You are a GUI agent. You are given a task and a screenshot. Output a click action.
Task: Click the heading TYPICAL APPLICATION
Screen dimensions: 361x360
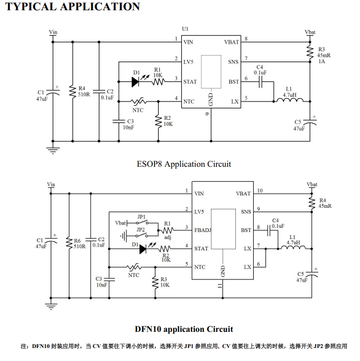[73, 7]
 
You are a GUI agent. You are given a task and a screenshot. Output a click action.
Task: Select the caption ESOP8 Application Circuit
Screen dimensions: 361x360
[184, 164]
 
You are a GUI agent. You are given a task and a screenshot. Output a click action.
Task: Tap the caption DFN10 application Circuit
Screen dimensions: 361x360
[184, 329]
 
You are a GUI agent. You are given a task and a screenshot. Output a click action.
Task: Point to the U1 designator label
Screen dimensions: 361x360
[186, 29]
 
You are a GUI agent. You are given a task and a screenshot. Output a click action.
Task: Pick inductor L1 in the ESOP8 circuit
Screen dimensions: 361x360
[289, 99]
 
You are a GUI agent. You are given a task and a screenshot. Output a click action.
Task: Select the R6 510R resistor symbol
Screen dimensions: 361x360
[69, 243]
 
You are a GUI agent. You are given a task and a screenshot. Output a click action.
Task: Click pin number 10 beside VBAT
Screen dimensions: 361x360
[260, 190]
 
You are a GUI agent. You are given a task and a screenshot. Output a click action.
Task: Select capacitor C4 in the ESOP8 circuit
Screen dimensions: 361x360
[260, 82]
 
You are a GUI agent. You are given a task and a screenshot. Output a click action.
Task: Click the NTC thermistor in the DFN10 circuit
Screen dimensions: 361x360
[133, 267]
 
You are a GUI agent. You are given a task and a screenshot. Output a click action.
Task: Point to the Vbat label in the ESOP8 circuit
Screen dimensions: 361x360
[310, 32]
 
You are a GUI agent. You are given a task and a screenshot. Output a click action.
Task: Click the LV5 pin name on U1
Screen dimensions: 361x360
[188, 62]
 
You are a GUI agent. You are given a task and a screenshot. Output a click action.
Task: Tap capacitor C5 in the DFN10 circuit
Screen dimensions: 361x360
[315, 276]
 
